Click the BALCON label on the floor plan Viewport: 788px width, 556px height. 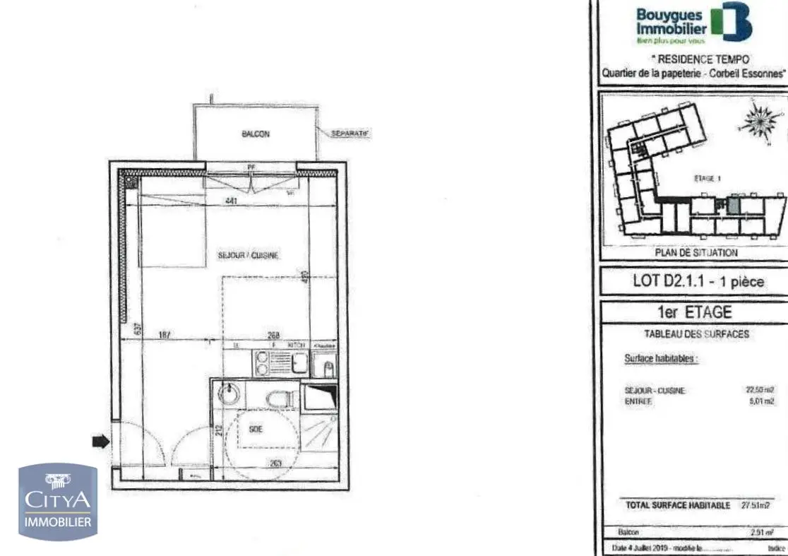(x=256, y=134)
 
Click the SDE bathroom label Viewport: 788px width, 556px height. (x=256, y=428)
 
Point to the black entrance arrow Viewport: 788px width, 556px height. (x=102, y=442)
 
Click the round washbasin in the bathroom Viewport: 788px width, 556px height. (x=230, y=394)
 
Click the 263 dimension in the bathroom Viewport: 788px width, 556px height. (x=276, y=463)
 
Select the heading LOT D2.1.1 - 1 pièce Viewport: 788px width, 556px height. (x=698, y=281)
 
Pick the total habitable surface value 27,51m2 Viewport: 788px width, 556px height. (x=755, y=505)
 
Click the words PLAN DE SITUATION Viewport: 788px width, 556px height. (x=696, y=252)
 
